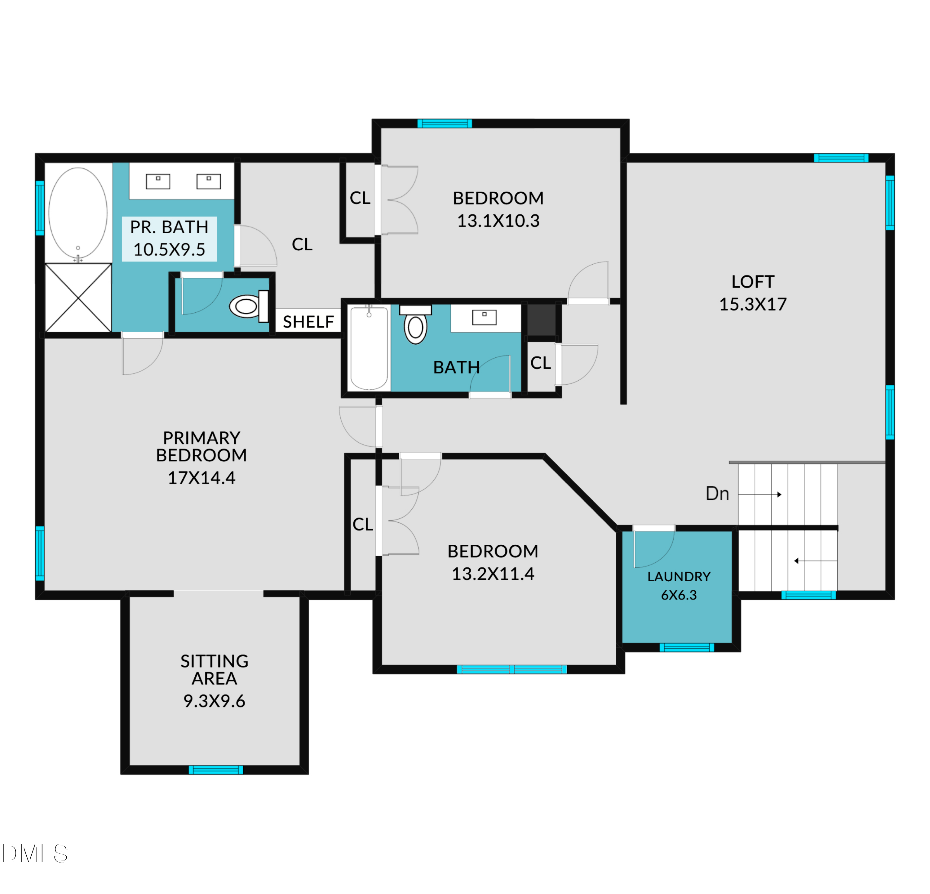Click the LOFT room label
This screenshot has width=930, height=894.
coord(753,282)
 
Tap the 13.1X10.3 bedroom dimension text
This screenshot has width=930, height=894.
coord(498,221)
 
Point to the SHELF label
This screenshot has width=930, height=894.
coord(308,322)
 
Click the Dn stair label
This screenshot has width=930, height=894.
coord(717,494)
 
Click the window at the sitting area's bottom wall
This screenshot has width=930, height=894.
coord(216,770)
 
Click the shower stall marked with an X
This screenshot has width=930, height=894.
coord(78,298)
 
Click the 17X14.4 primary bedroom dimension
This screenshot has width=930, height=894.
coord(202,478)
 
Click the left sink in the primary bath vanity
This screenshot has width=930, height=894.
coord(158,181)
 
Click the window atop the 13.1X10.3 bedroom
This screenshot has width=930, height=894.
coord(445,124)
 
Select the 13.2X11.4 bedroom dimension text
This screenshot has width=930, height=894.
coord(493,574)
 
